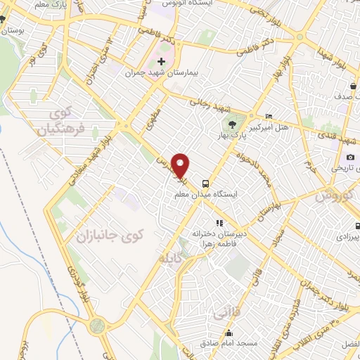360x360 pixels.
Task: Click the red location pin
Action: (x=181, y=165)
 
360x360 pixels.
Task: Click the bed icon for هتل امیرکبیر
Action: (x=269, y=116)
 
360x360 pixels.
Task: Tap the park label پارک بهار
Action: (x=242, y=131)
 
